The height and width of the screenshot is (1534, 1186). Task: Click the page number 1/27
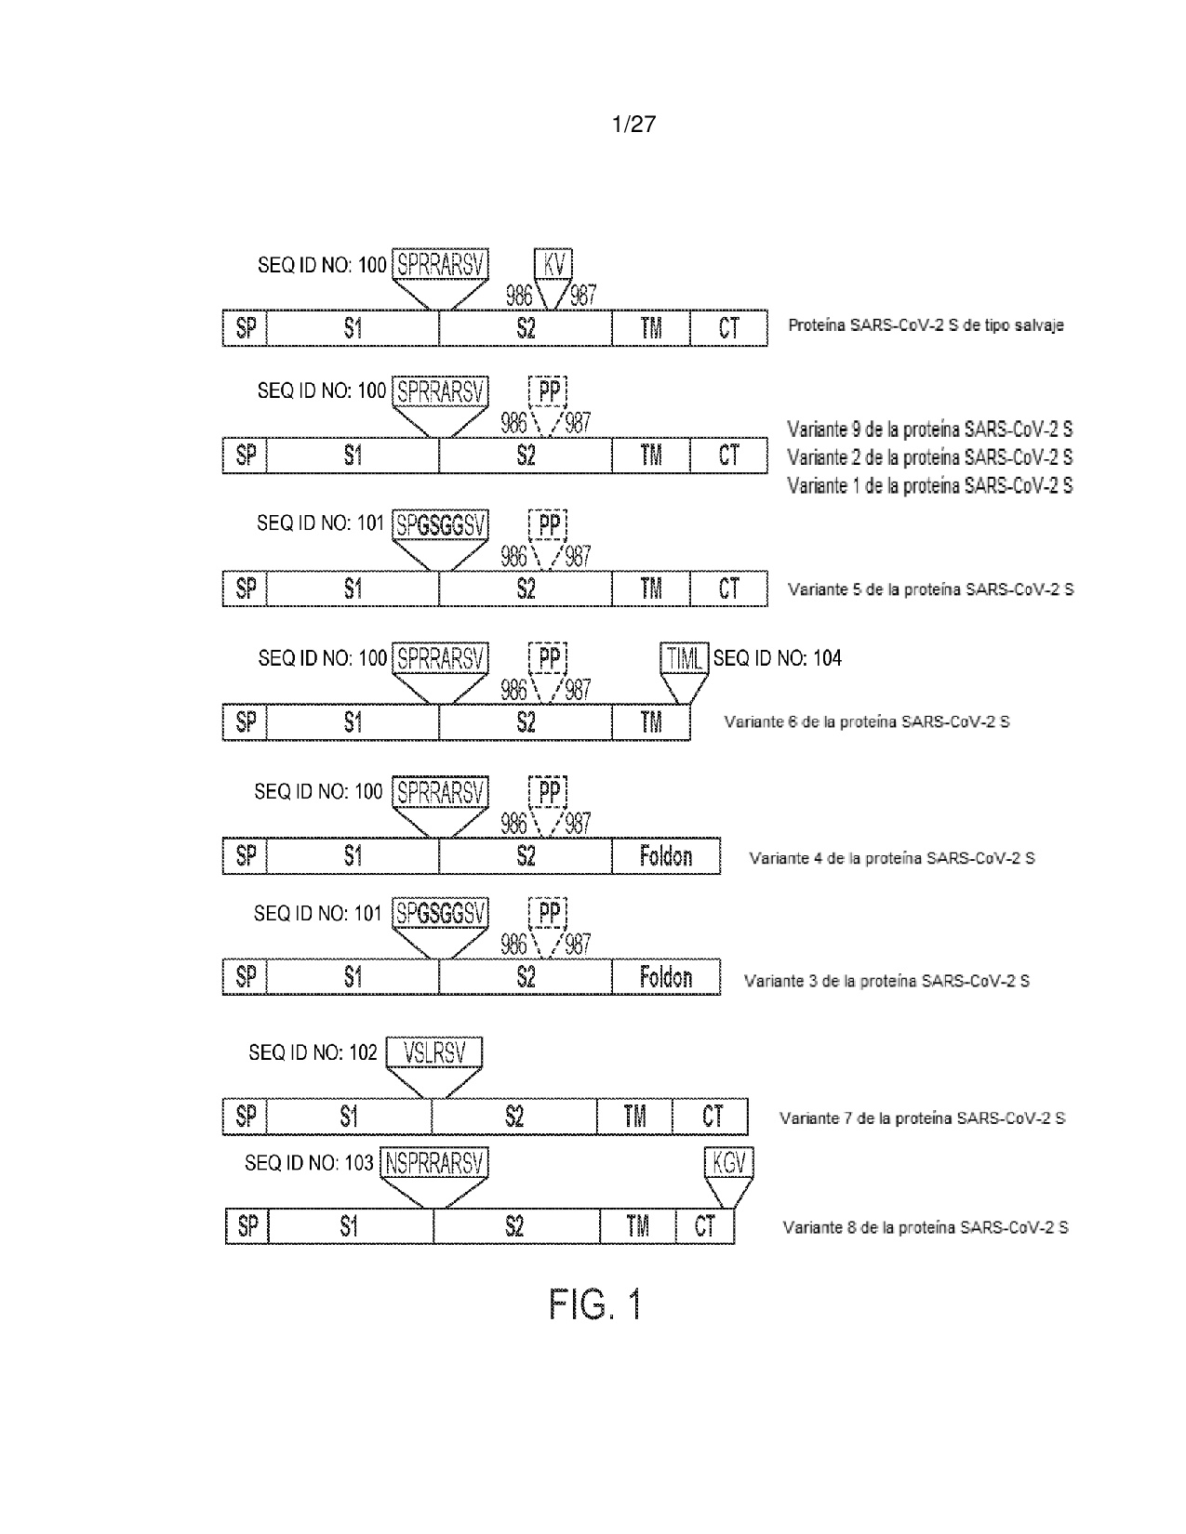point(633,125)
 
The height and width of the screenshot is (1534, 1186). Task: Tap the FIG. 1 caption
point(595,1303)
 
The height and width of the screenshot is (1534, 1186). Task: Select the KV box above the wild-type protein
point(553,265)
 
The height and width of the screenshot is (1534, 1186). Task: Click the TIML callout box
point(685,658)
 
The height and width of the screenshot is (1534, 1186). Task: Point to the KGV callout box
point(729,1163)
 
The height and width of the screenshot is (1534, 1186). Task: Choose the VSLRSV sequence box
point(434,1052)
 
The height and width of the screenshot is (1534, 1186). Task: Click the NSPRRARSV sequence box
point(434,1163)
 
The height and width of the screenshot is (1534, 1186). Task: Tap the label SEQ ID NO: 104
point(778,658)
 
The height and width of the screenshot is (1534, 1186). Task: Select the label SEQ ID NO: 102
point(313,1052)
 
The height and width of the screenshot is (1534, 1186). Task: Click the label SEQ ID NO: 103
point(309,1163)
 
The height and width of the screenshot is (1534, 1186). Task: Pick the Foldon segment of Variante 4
point(666,856)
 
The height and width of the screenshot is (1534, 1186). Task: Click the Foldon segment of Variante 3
point(666,977)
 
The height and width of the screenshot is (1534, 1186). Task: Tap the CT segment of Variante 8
point(705,1226)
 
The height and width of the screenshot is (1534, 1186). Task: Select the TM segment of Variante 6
point(650,722)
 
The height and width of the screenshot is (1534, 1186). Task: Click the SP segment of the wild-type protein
point(246,328)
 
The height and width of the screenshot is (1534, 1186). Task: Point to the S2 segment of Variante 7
point(514,1117)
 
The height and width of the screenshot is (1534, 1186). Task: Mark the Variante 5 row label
point(931,589)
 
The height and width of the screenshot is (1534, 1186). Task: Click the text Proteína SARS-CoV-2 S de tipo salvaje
point(926,325)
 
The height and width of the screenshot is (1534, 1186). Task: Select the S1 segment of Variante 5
point(353,588)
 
